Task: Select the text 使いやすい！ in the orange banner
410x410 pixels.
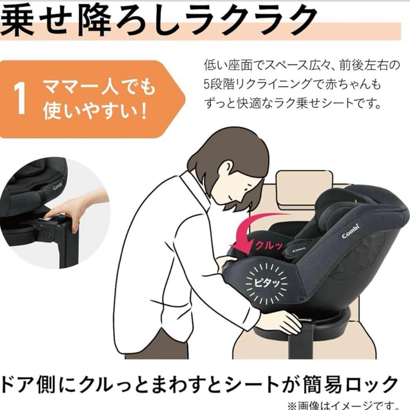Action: tap(95, 112)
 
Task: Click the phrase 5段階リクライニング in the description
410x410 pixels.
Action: tap(258, 84)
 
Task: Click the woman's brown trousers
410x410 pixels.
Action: tap(159, 345)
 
